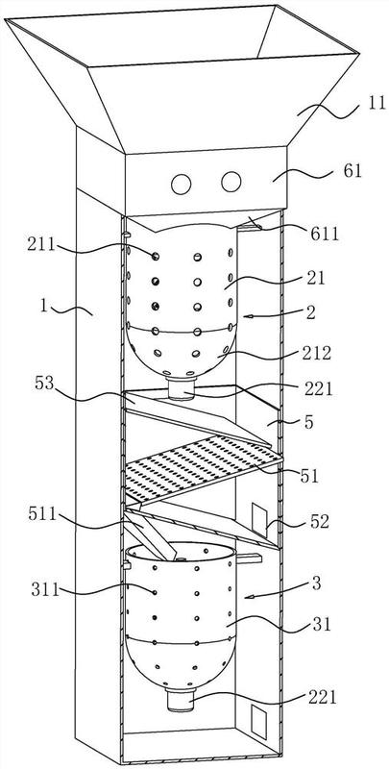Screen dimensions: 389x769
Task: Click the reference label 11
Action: tap(377, 105)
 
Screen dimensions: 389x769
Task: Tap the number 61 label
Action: tap(352, 171)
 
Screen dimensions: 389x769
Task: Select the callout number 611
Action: tap(326, 234)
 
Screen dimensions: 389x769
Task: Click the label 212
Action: tap(317, 352)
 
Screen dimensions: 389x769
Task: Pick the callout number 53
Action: tap(44, 383)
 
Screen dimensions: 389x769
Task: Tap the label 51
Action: tap(309, 475)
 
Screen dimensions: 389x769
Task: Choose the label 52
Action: tap(319, 522)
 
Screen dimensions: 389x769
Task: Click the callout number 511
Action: tap(42, 515)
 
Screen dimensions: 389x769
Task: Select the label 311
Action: tap(45, 589)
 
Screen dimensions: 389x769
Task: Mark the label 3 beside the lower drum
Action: tap(316, 584)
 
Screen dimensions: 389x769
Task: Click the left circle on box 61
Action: tap(181, 184)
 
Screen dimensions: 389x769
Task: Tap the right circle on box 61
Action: tap(231, 182)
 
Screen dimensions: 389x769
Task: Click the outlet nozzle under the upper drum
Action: tap(182, 388)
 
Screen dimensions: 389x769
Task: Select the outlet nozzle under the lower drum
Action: tap(181, 700)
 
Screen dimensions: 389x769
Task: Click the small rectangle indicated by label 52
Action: tap(259, 520)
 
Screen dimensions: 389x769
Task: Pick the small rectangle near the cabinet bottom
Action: tap(258, 722)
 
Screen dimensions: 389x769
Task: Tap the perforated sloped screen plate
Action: tap(204, 469)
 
